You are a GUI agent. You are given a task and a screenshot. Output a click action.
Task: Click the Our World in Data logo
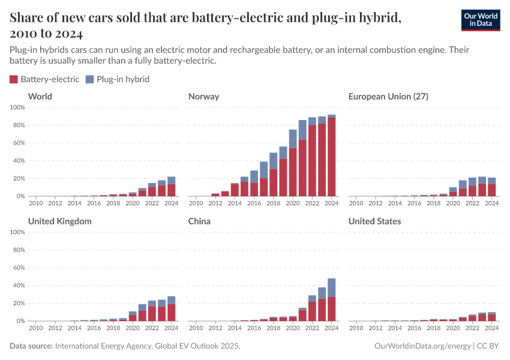(x=480, y=19)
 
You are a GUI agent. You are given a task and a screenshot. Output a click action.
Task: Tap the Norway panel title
(x=203, y=97)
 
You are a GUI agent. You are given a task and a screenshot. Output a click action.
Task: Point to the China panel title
(x=200, y=221)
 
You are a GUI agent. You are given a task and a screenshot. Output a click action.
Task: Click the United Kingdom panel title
(x=60, y=221)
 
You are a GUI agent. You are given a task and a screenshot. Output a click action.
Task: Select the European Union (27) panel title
(x=388, y=97)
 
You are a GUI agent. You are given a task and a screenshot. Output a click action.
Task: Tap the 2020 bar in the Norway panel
(x=293, y=165)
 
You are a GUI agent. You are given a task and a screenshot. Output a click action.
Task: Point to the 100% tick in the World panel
(x=17, y=107)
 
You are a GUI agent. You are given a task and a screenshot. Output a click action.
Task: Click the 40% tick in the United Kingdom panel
(x=18, y=286)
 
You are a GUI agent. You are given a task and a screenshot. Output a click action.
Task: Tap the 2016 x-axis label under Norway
(x=254, y=203)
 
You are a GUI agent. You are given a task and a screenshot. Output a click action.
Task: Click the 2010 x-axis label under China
(x=196, y=328)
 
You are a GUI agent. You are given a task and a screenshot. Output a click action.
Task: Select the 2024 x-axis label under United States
(x=491, y=328)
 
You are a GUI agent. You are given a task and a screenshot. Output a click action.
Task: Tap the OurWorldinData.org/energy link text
(x=422, y=346)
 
